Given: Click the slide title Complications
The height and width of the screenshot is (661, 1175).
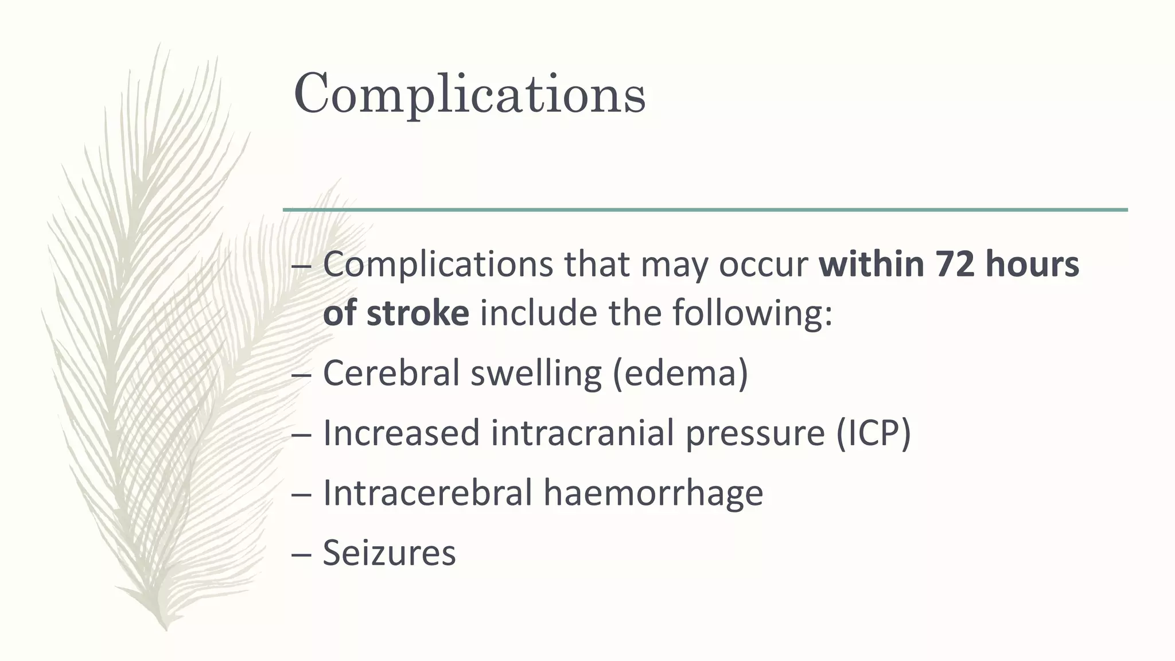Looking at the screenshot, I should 469,94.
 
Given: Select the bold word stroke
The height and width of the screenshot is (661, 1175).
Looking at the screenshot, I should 418,314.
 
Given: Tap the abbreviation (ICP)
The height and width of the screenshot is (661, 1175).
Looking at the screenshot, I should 873,433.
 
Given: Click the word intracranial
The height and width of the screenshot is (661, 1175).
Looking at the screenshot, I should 582,433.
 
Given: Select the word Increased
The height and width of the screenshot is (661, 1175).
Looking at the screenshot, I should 401,433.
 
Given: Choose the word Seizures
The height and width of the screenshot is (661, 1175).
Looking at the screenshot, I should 389,553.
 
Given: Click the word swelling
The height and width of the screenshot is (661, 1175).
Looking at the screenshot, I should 536,373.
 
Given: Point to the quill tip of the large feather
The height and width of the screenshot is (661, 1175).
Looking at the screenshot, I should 165,628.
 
